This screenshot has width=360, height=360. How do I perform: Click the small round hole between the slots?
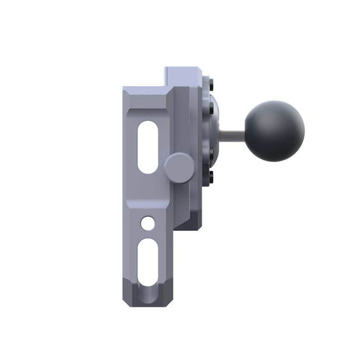(x=148, y=223)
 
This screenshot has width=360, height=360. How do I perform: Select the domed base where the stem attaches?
(x=219, y=133)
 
